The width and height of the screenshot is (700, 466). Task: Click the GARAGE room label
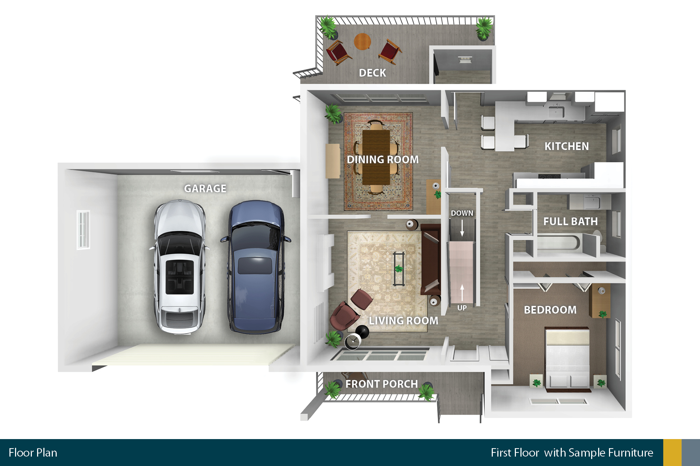tap(205, 188)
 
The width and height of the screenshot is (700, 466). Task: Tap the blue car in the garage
tap(255, 267)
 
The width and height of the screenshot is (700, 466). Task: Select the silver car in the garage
tap(180, 267)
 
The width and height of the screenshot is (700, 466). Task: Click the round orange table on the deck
tap(362, 42)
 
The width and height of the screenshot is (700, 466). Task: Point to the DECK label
tap(372, 73)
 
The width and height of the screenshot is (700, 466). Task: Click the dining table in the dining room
tap(376, 157)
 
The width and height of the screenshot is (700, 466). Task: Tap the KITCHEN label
tap(567, 146)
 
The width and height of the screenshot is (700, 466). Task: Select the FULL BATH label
tap(570, 221)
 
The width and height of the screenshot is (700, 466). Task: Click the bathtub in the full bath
tap(558, 243)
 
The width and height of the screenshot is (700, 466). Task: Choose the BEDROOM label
tap(550, 310)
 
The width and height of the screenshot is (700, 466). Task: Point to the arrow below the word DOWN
tap(462, 229)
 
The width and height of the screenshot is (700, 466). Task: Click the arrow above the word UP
tap(462, 293)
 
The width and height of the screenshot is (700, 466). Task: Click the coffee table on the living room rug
tap(399, 269)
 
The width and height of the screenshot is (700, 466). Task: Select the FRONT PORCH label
tap(381, 384)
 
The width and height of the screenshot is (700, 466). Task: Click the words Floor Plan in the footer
tap(33, 453)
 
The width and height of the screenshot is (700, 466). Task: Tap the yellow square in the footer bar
tap(672, 452)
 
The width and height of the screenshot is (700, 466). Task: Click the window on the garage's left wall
tap(83, 230)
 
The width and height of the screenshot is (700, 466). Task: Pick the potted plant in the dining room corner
tap(333, 114)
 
